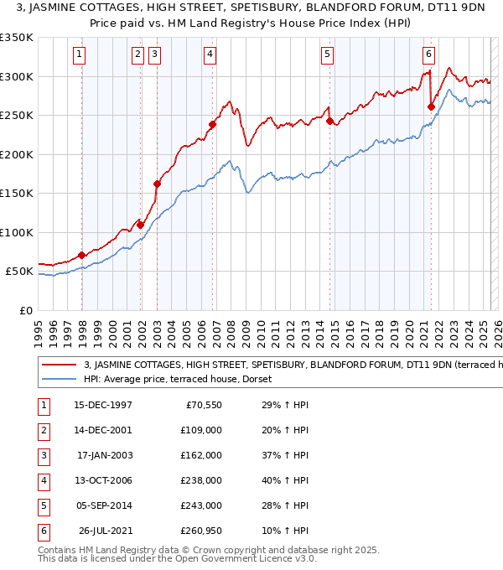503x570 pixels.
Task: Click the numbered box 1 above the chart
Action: tap(79, 55)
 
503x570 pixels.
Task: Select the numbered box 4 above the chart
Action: tap(210, 55)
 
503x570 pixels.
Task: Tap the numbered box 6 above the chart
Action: tap(428, 55)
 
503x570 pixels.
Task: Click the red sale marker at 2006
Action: tap(213, 125)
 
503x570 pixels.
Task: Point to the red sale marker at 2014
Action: tap(329, 121)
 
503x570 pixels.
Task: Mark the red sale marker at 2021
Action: tap(431, 106)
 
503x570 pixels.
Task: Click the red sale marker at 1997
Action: tap(81, 255)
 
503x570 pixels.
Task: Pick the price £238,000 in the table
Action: tap(202, 480)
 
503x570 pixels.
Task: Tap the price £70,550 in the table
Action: tap(204, 405)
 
